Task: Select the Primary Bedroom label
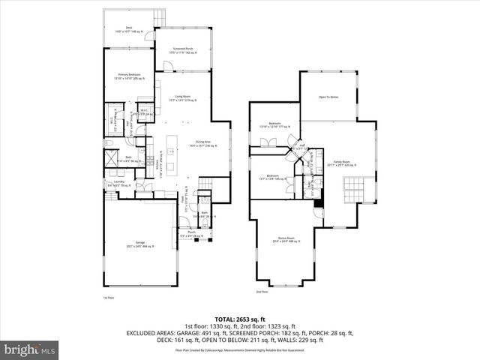click(130, 76)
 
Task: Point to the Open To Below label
click(328, 97)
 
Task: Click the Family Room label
click(340, 163)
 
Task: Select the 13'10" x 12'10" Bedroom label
click(275, 124)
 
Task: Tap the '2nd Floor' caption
click(261, 292)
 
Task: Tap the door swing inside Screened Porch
click(170, 66)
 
